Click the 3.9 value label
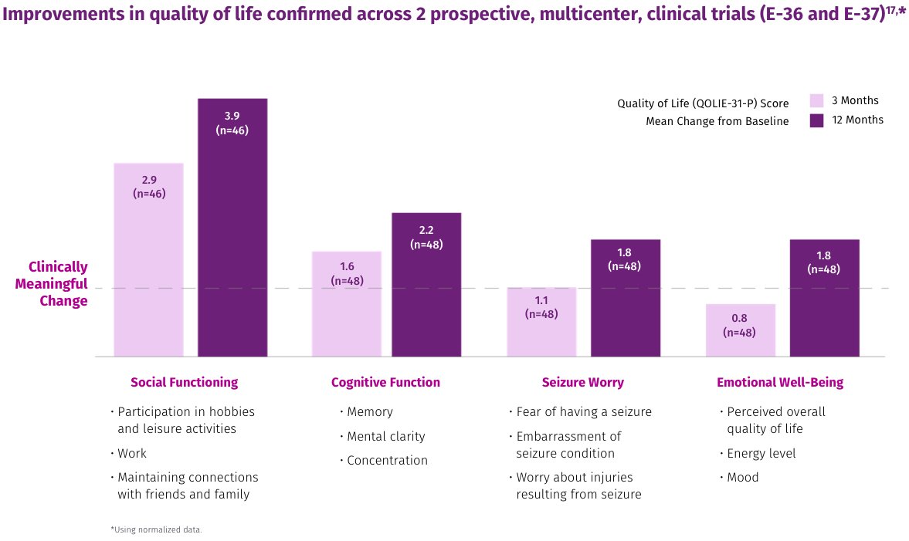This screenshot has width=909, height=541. (232, 116)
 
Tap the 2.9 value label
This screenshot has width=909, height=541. (148, 179)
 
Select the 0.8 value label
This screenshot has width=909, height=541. (739, 318)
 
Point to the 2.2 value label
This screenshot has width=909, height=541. (426, 230)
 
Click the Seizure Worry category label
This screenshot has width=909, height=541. (583, 383)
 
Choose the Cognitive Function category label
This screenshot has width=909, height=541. (385, 383)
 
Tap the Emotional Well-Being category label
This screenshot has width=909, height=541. (780, 383)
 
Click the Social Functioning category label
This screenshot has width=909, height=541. (184, 383)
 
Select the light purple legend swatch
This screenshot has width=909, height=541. (816, 101)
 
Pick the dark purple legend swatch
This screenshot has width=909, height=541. (816, 121)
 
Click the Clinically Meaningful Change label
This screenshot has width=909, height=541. (54, 284)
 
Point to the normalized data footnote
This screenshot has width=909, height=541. (156, 530)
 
